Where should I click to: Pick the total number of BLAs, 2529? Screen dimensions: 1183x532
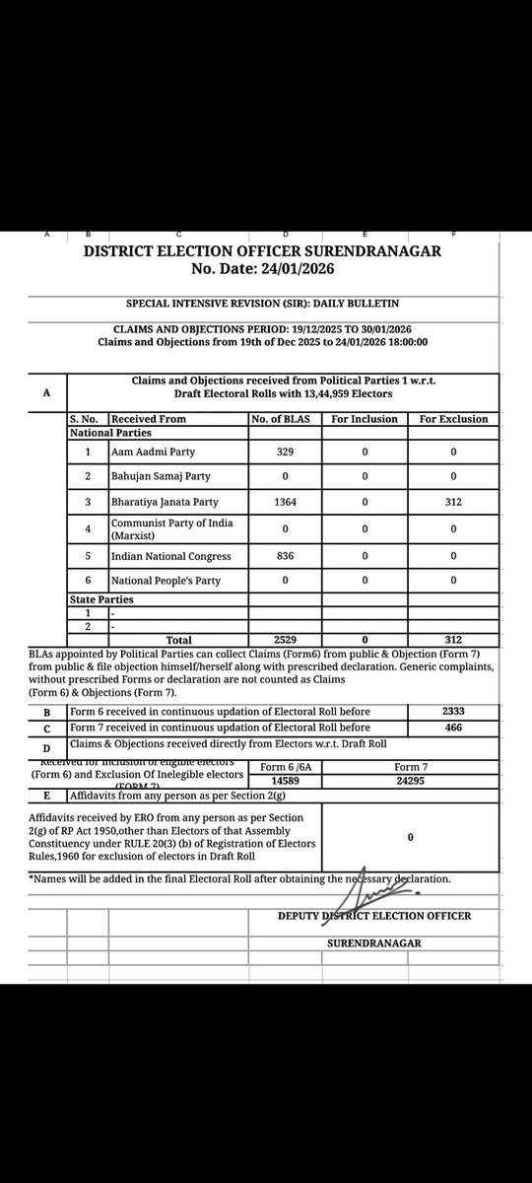tap(285, 640)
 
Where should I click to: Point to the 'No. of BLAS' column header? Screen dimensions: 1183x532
tap(285, 418)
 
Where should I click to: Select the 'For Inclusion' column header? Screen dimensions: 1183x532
tap(365, 418)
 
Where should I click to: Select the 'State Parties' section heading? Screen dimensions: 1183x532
tap(101, 598)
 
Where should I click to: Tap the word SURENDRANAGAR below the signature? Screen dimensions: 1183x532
tap(374, 943)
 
